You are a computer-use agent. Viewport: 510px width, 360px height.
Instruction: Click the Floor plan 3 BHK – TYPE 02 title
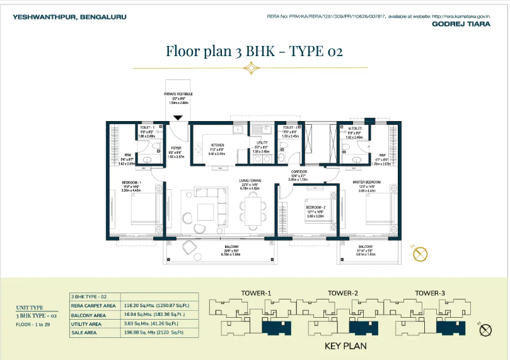tap(254, 51)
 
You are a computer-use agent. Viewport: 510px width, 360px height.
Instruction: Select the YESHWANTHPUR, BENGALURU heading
tap(52, 17)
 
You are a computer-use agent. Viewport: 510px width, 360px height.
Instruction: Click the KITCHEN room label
tap(217, 144)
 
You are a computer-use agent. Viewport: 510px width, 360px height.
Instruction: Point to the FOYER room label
tap(177, 149)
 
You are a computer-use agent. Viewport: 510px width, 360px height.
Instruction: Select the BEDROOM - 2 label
tap(315, 207)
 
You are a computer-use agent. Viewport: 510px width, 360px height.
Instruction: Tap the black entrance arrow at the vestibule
tap(178, 117)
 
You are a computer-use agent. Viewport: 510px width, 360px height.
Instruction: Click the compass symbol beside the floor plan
tap(420, 254)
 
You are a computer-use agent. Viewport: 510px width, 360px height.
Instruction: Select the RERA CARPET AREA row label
tap(92, 306)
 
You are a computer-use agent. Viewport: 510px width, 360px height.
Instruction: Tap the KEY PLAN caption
tap(345, 345)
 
